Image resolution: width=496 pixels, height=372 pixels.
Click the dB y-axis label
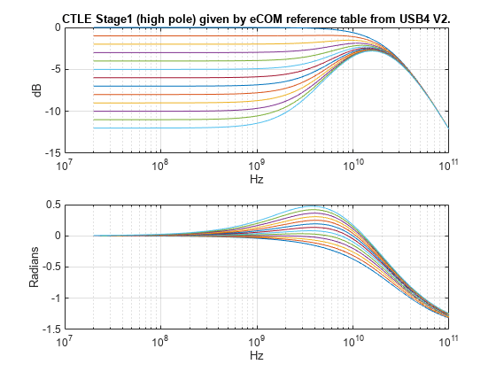(38, 89)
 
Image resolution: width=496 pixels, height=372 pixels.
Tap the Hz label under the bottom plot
(256, 355)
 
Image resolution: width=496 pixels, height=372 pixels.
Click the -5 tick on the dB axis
(51, 69)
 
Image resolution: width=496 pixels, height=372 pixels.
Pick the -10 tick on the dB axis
(50, 112)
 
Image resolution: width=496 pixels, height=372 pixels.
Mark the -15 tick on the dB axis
(50, 153)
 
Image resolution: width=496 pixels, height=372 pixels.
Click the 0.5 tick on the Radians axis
(50, 205)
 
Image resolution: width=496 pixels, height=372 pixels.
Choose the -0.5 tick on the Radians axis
(48, 267)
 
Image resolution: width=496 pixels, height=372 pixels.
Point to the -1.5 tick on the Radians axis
(48, 329)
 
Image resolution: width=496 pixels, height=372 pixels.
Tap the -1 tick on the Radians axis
(51, 298)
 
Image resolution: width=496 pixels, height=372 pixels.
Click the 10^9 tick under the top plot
(257, 165)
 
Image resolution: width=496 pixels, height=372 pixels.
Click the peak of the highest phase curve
(339, 206)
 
